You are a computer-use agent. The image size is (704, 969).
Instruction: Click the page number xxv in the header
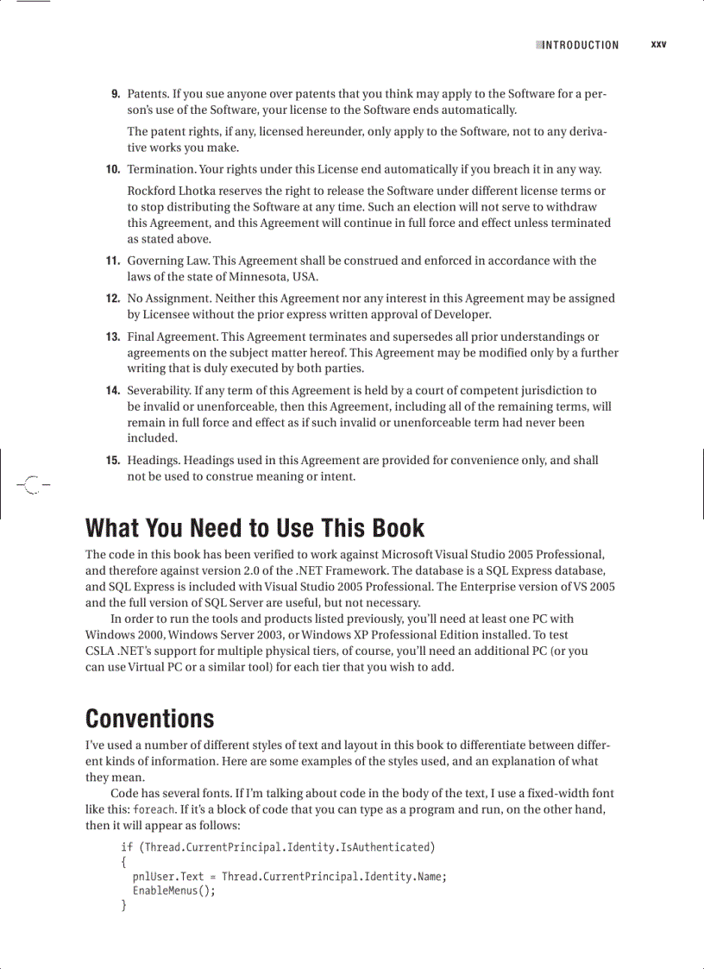[x=658, y=45]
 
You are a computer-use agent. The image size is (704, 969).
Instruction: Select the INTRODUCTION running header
[x=580, y=46]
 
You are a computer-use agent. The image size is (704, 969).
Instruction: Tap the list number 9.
[x=115, y=94]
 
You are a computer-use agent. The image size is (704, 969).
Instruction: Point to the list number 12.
[x=112, y=299]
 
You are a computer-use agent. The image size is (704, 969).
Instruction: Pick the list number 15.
[x=112, y=461]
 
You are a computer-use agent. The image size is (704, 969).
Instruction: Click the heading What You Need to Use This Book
[x=255, y=528]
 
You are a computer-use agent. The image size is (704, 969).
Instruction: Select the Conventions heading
[x=149, y=719]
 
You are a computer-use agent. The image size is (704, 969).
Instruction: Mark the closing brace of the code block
[x=124, y=906]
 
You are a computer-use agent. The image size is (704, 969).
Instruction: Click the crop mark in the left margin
[x=31, y=485]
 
